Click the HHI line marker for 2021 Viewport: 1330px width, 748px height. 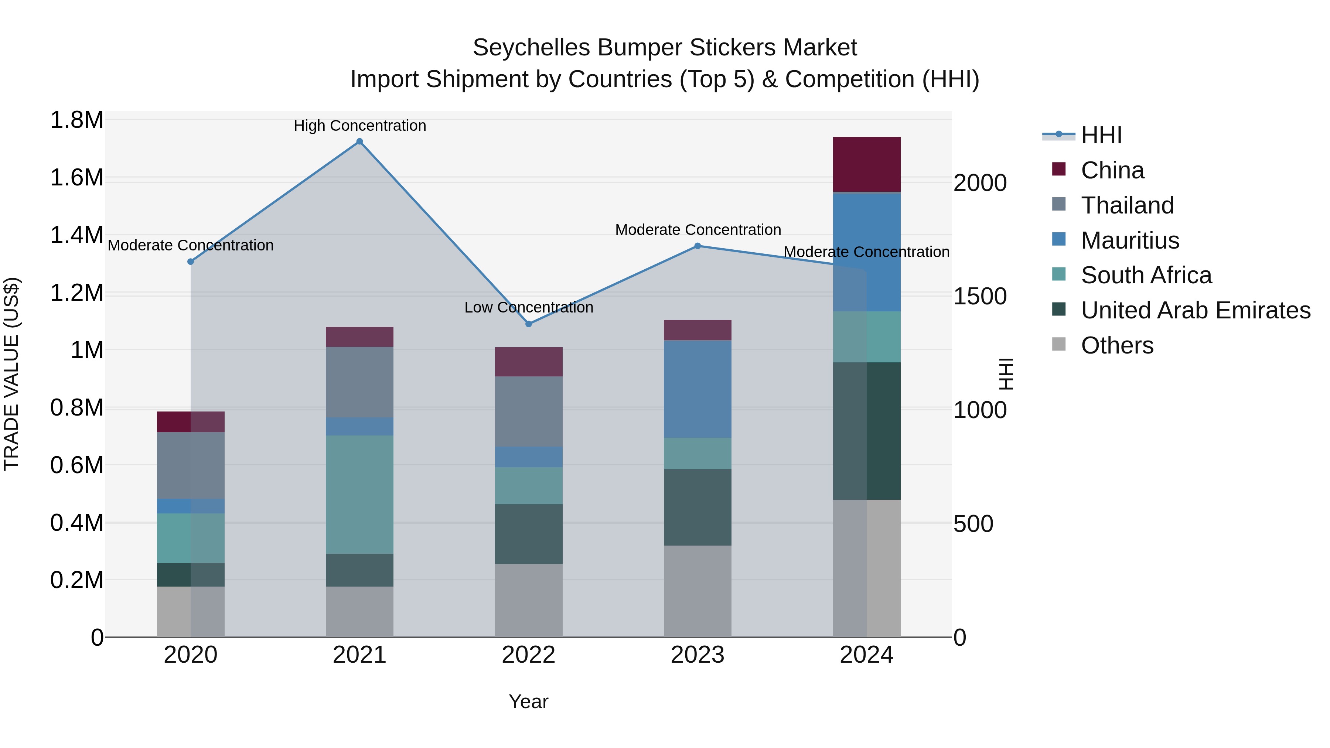[359, 141]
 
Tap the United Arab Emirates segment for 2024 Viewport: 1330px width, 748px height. [866, 431]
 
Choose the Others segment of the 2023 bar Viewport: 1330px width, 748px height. [698, 591]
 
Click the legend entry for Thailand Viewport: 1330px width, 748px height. [1127, 205]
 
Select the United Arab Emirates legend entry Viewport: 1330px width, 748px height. [1195, 311]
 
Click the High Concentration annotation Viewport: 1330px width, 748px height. [360, 126]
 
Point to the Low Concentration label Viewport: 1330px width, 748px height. [529, 307]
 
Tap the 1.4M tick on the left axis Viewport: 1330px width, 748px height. [76, 235]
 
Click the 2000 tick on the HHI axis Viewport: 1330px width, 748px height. [979, 183]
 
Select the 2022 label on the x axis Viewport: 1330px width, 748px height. [528, 655]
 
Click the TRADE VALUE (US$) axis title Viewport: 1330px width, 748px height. [12, 374]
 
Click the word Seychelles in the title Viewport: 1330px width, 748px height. [531, 48]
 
